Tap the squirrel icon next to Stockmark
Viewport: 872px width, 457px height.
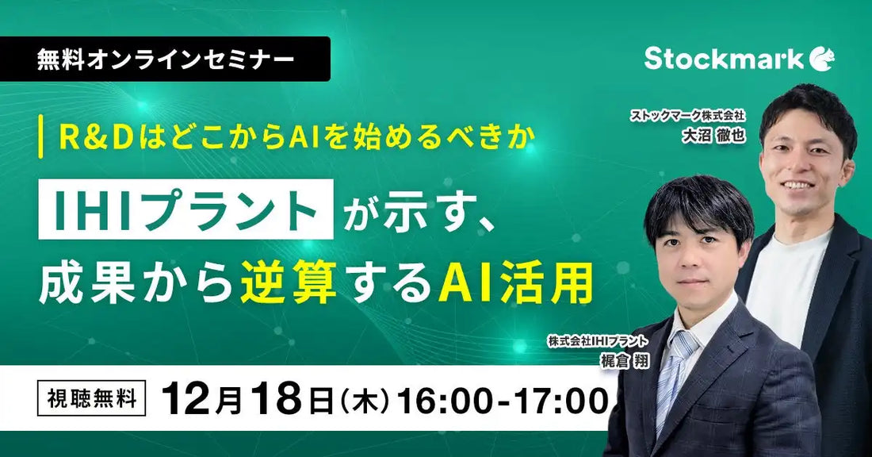pyautogui.click(x=822, y=57)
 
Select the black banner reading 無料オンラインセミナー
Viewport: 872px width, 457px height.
pyautogui.click(x=165, y=59)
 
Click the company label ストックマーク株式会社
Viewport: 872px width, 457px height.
pyautogui.click(x=690, y=116)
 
